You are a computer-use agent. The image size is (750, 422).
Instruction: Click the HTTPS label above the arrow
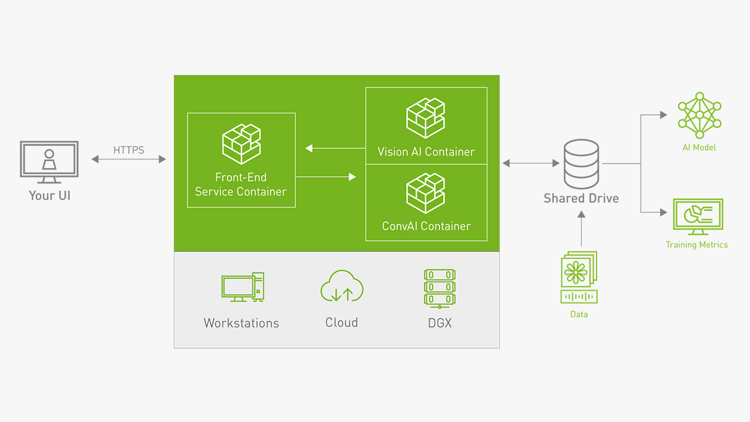tap(129, 151)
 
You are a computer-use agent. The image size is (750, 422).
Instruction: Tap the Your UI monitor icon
tap(49, 159)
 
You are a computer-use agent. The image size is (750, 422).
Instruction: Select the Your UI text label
tap(49, 195)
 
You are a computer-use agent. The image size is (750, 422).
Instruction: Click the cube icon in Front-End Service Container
tap(241, 144)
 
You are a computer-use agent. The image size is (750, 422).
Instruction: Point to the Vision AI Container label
tap(426, 152)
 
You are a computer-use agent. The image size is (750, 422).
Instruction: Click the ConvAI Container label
tap(426, 226)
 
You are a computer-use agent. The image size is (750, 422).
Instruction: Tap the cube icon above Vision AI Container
tap(426, 118)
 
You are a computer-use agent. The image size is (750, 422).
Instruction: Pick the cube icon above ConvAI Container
tap(426, 193)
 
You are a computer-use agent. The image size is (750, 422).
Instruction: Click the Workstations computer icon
tap(242, 287)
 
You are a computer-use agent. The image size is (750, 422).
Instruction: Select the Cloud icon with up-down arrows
tap(342, 286)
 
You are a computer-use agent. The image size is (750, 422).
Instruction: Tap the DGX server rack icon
tap(439, 288)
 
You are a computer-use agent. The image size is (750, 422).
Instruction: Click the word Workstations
tap(241, 323)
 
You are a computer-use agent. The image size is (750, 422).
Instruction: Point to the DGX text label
tap(439, 323)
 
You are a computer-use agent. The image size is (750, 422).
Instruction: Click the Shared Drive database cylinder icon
tap(581, 164)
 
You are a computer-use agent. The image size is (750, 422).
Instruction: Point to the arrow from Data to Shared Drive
tap(581, 229)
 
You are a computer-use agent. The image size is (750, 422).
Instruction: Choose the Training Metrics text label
tap(697, 245)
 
